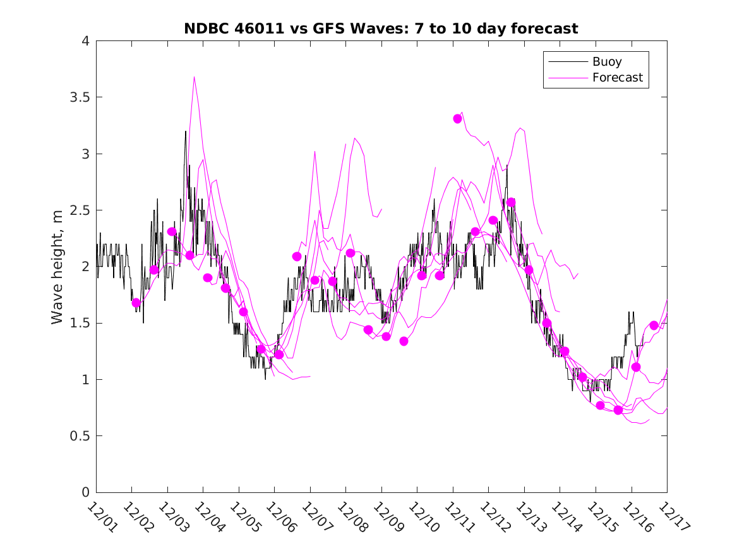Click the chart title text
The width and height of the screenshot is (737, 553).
tap(381, 28)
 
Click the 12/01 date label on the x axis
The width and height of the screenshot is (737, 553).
tap(100, 516)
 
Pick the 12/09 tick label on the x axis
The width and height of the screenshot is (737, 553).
tap(386, 516)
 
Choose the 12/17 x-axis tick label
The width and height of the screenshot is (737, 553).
tap(671, 516)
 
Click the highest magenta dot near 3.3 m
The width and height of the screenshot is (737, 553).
tap(458, 118)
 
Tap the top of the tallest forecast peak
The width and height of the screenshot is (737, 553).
tap(194, 77)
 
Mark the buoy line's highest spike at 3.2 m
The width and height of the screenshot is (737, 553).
tap(186, 131)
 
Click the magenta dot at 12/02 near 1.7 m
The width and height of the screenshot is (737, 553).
tap(136, 303)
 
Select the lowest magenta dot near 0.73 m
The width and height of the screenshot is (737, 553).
tap(618, 410)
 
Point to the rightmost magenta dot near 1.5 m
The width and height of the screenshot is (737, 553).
tap(654, 325)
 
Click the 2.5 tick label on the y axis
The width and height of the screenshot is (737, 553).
tap(78, 210)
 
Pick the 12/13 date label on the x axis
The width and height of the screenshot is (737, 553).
tap(529, 516)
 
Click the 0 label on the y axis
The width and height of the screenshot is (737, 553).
tap(85, 492)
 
